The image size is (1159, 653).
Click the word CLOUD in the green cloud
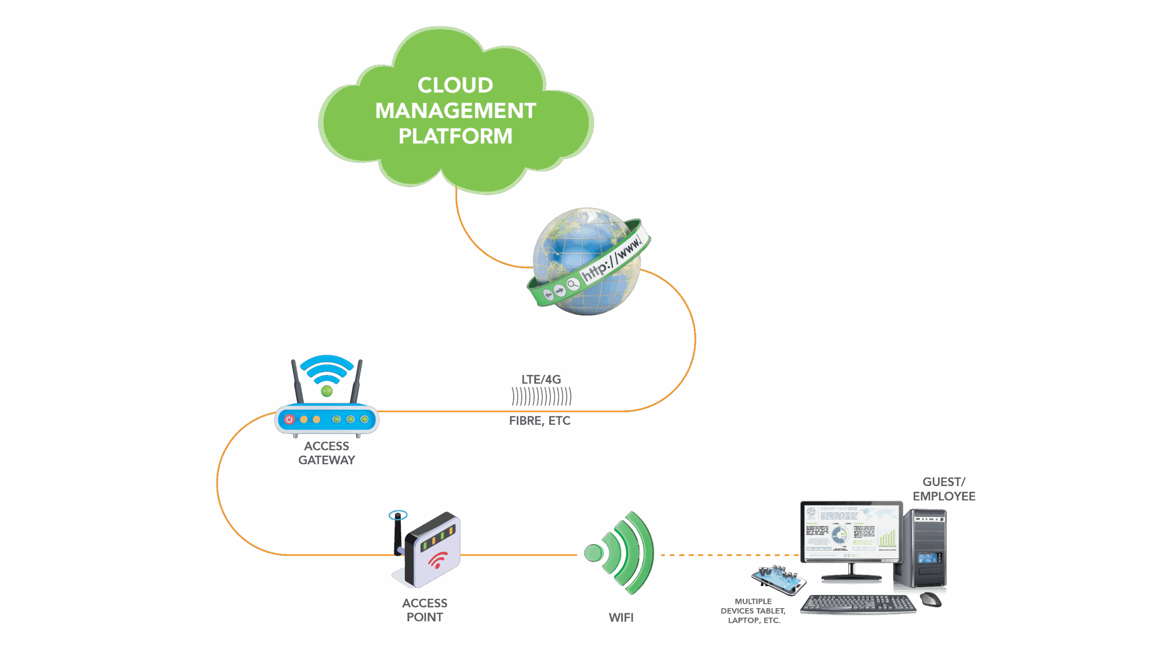point(455,85)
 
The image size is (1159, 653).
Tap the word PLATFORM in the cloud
point(455,136)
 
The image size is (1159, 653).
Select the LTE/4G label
point(541,379)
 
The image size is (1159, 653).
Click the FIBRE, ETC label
point(540,420)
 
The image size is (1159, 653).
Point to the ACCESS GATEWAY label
point(326,453)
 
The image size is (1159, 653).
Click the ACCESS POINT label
point(425,610)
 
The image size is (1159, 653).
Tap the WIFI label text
point(621,617)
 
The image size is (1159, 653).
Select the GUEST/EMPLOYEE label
point(944,489)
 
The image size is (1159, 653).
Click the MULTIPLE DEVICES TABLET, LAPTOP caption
point(753,610)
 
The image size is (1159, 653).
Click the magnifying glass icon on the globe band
point(573,284)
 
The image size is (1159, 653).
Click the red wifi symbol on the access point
point(437,560)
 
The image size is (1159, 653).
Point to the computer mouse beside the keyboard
point(931,600)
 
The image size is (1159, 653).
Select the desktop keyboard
point(858,604)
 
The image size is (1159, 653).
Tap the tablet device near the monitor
point(778,580)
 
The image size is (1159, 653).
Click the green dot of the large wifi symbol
point(593,553)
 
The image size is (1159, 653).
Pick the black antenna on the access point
point(398,532)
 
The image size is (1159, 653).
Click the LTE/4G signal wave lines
point(541,397)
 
